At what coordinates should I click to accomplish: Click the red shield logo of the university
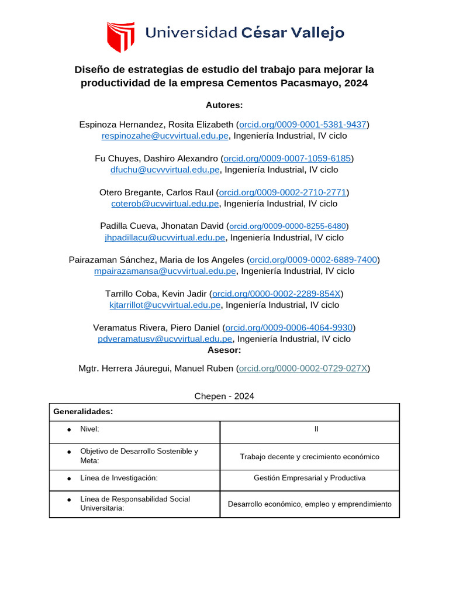(x=120, y=37)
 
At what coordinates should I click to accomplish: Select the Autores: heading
(x=224, y=105)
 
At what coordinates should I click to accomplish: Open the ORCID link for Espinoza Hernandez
(x=303, y=125)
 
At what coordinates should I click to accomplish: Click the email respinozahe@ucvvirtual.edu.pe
(x=165, y=136)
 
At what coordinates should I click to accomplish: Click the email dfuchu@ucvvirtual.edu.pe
(x=165, y=170)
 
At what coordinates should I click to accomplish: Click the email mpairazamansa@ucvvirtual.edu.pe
(x=165, y=271)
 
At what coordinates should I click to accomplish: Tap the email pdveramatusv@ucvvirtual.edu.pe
(x=165, y=339)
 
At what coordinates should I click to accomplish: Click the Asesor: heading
(x=224, y=350)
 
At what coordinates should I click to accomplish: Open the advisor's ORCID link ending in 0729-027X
(x=303, y=369)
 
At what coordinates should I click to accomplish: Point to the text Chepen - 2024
(x=224, y=396)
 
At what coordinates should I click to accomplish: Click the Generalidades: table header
(x=83, y=412)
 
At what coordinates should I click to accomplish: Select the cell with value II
(x=310, y=429)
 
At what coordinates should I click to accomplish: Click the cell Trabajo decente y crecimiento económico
(x=310, y=456)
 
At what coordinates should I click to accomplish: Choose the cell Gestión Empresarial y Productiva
(x=310, y=478)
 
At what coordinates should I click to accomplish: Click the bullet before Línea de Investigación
(x=69, y=478)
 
